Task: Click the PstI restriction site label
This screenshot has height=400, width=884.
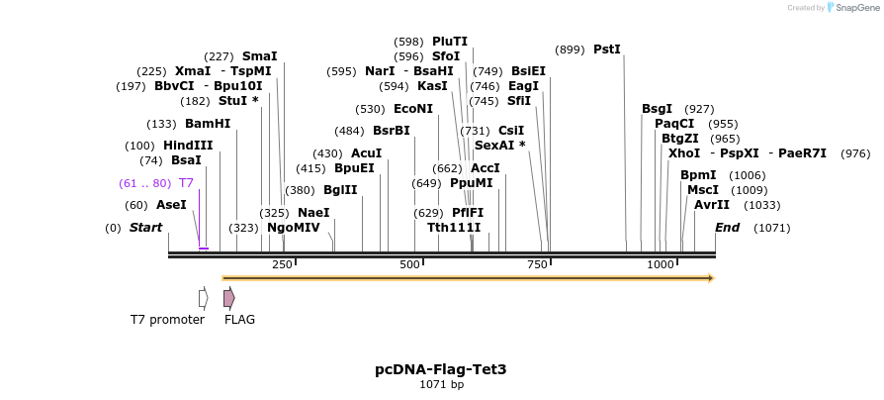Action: [607, 49]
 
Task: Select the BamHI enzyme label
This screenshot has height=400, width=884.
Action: [208, 124]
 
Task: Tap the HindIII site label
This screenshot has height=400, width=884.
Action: [188, 146]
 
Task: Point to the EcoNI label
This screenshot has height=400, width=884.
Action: [413, 109]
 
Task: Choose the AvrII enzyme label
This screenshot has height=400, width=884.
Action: [711, 205]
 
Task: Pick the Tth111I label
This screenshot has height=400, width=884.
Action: [454, 228]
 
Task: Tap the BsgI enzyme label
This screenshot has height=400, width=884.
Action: [657, 109]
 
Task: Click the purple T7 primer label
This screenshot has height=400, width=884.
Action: [186, 183]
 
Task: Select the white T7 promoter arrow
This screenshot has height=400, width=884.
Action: [203, 297]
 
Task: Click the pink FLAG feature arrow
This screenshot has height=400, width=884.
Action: [228, 297]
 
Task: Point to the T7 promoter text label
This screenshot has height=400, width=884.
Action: [167, 320]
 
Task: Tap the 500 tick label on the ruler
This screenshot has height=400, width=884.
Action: [409, 265]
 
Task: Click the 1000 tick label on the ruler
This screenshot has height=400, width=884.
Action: [661, 265]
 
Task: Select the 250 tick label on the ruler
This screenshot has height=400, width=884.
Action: [282, 265]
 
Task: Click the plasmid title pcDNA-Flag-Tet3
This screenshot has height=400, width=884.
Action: [441, 369]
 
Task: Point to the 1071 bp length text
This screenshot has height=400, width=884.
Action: [441, 384]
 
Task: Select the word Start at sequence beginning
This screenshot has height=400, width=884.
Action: [145, 228]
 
